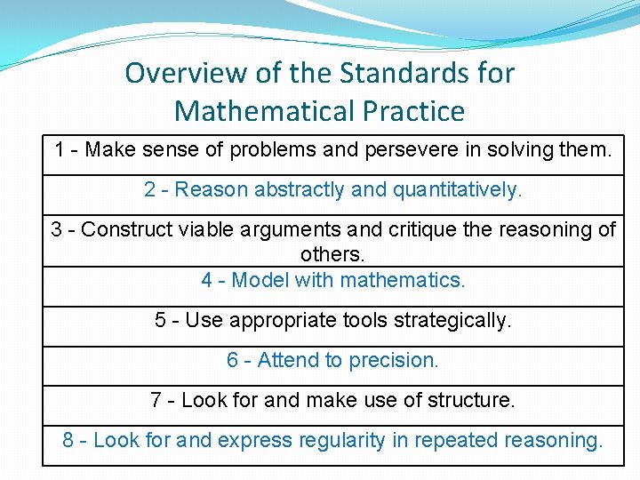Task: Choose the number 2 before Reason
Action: coord(150,189)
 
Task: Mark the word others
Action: coord(332,254)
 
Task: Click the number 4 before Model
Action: coord(207,280)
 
